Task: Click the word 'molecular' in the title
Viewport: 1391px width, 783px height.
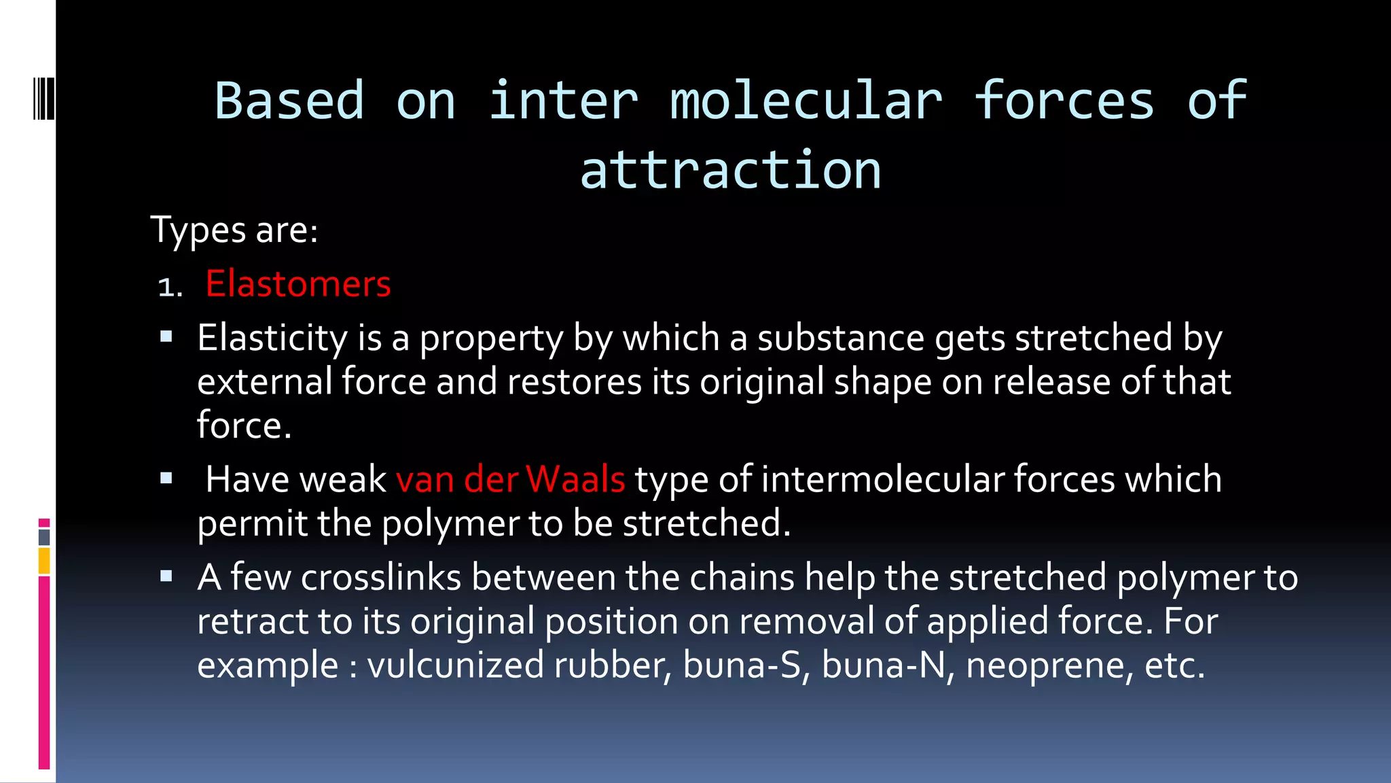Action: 806,101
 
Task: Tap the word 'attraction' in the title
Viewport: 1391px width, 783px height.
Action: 731,169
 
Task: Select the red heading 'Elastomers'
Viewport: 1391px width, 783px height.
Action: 298,283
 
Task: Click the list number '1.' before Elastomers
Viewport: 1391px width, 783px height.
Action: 170,287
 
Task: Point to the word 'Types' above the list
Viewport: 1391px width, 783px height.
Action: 198,230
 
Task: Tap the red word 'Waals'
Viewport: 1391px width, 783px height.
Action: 575,479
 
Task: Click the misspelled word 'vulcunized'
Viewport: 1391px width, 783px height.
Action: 455,664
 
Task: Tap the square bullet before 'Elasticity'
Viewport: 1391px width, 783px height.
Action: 166,336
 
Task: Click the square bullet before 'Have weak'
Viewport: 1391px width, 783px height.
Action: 166,478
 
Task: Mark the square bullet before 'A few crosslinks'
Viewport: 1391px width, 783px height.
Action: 166,577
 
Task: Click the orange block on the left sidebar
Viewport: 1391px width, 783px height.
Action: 44,561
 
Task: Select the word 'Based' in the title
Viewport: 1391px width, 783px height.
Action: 289,101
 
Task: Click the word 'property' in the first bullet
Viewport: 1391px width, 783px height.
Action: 491,338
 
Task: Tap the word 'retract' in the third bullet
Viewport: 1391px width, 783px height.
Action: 252,621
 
